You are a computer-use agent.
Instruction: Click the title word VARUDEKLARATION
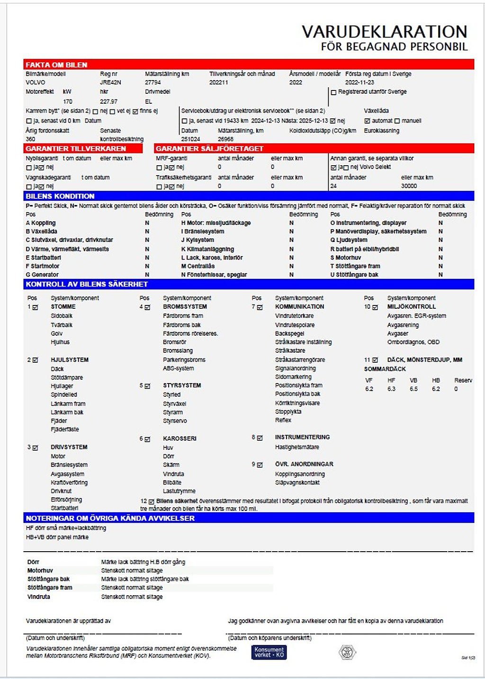[x=384, y=32]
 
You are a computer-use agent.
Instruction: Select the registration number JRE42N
[x=110, y=82]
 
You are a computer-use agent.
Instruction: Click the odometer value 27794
[x=153, y=82]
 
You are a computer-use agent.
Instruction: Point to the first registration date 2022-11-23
[x=359, y=82]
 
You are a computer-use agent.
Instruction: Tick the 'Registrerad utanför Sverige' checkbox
[x=333, y=92]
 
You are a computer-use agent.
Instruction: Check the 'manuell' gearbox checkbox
[x=397, y=121]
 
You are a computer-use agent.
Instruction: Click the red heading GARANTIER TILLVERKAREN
[x=76, y=149]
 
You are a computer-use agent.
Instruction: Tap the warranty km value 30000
[x=409, y=186]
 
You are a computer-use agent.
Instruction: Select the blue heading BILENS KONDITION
[x=60, y=196]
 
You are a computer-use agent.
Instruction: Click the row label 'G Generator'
[x=42, y=275]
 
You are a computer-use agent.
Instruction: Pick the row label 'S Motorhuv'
[x=345, y=258]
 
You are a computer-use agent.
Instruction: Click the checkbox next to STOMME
[x=35, y=307]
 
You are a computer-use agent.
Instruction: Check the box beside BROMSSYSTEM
[x=147, y=307]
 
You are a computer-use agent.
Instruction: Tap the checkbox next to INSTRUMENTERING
[x=260, y=438]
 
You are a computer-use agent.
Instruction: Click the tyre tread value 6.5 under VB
[x=413, y=389]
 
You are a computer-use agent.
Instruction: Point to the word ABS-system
[x=178, y=368]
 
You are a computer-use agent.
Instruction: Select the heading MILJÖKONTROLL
[x=411, y=307]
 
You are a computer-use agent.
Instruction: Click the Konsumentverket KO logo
[x=269, y=652]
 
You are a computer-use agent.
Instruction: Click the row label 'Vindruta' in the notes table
[x=38, y=597]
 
